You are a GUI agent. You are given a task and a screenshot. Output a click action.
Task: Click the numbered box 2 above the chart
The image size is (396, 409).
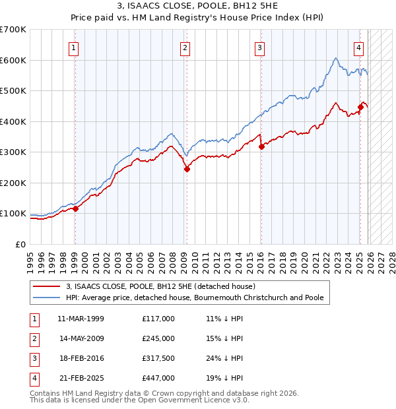[x=185, y=47]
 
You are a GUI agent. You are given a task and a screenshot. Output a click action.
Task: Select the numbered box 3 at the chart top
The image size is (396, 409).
[x=260, y=47]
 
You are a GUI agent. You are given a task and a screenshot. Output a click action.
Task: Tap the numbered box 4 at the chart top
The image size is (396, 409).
[x=358, y=47]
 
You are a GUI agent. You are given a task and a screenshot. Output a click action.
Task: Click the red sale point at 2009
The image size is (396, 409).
[x=187, y=169]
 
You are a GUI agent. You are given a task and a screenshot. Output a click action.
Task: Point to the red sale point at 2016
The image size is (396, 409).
[x=261, y=146]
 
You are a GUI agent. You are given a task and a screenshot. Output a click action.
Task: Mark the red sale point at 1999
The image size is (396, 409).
[x=75, y=208]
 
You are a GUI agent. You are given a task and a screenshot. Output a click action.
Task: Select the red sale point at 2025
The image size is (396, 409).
[x=361, y=107]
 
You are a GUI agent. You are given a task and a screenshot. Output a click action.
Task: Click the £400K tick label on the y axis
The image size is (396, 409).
[x=13, y=121]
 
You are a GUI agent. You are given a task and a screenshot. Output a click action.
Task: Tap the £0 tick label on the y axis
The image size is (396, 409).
[x=20, y=244]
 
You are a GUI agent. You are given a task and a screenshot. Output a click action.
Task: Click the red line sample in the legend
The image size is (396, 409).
[x=46, y=286]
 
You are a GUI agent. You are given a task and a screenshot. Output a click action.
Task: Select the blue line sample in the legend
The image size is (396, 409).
[x=46, y=298]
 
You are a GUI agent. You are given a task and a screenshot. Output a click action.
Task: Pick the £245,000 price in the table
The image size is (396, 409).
[x=158, y=338]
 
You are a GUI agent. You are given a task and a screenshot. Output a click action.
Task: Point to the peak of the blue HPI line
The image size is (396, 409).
[x=336, y=58]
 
